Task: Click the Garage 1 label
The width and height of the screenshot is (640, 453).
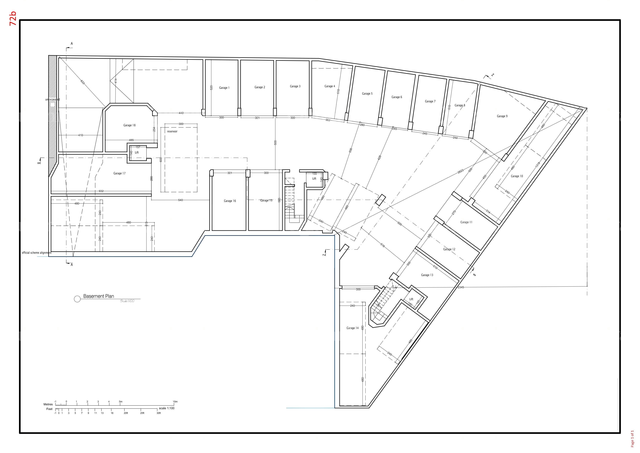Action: pos(224,88)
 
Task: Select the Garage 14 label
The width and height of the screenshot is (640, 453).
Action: pos(352,328)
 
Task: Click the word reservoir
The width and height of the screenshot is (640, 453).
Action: pos(172,131)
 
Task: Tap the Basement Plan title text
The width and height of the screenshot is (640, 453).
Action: pos(99,296)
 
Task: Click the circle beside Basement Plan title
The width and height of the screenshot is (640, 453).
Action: pos(77,299)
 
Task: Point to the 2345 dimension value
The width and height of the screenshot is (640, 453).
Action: pos(461,287)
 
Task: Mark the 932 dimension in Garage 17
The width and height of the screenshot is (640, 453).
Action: pos(101,191)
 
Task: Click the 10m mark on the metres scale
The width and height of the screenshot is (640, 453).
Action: pos(175,402)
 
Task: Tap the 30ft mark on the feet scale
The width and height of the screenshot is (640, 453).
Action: pos(159,413)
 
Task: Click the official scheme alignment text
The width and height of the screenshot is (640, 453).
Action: pos(36,253)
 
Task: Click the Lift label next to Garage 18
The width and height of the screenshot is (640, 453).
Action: pos(137,153)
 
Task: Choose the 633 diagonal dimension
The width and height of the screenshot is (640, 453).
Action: pos(82,82)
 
